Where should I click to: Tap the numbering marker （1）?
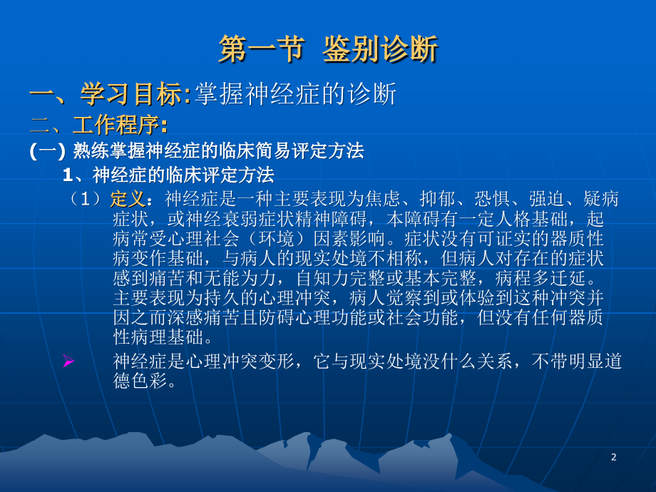tap(88, 198)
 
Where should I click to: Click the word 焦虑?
tap(386, 198)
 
